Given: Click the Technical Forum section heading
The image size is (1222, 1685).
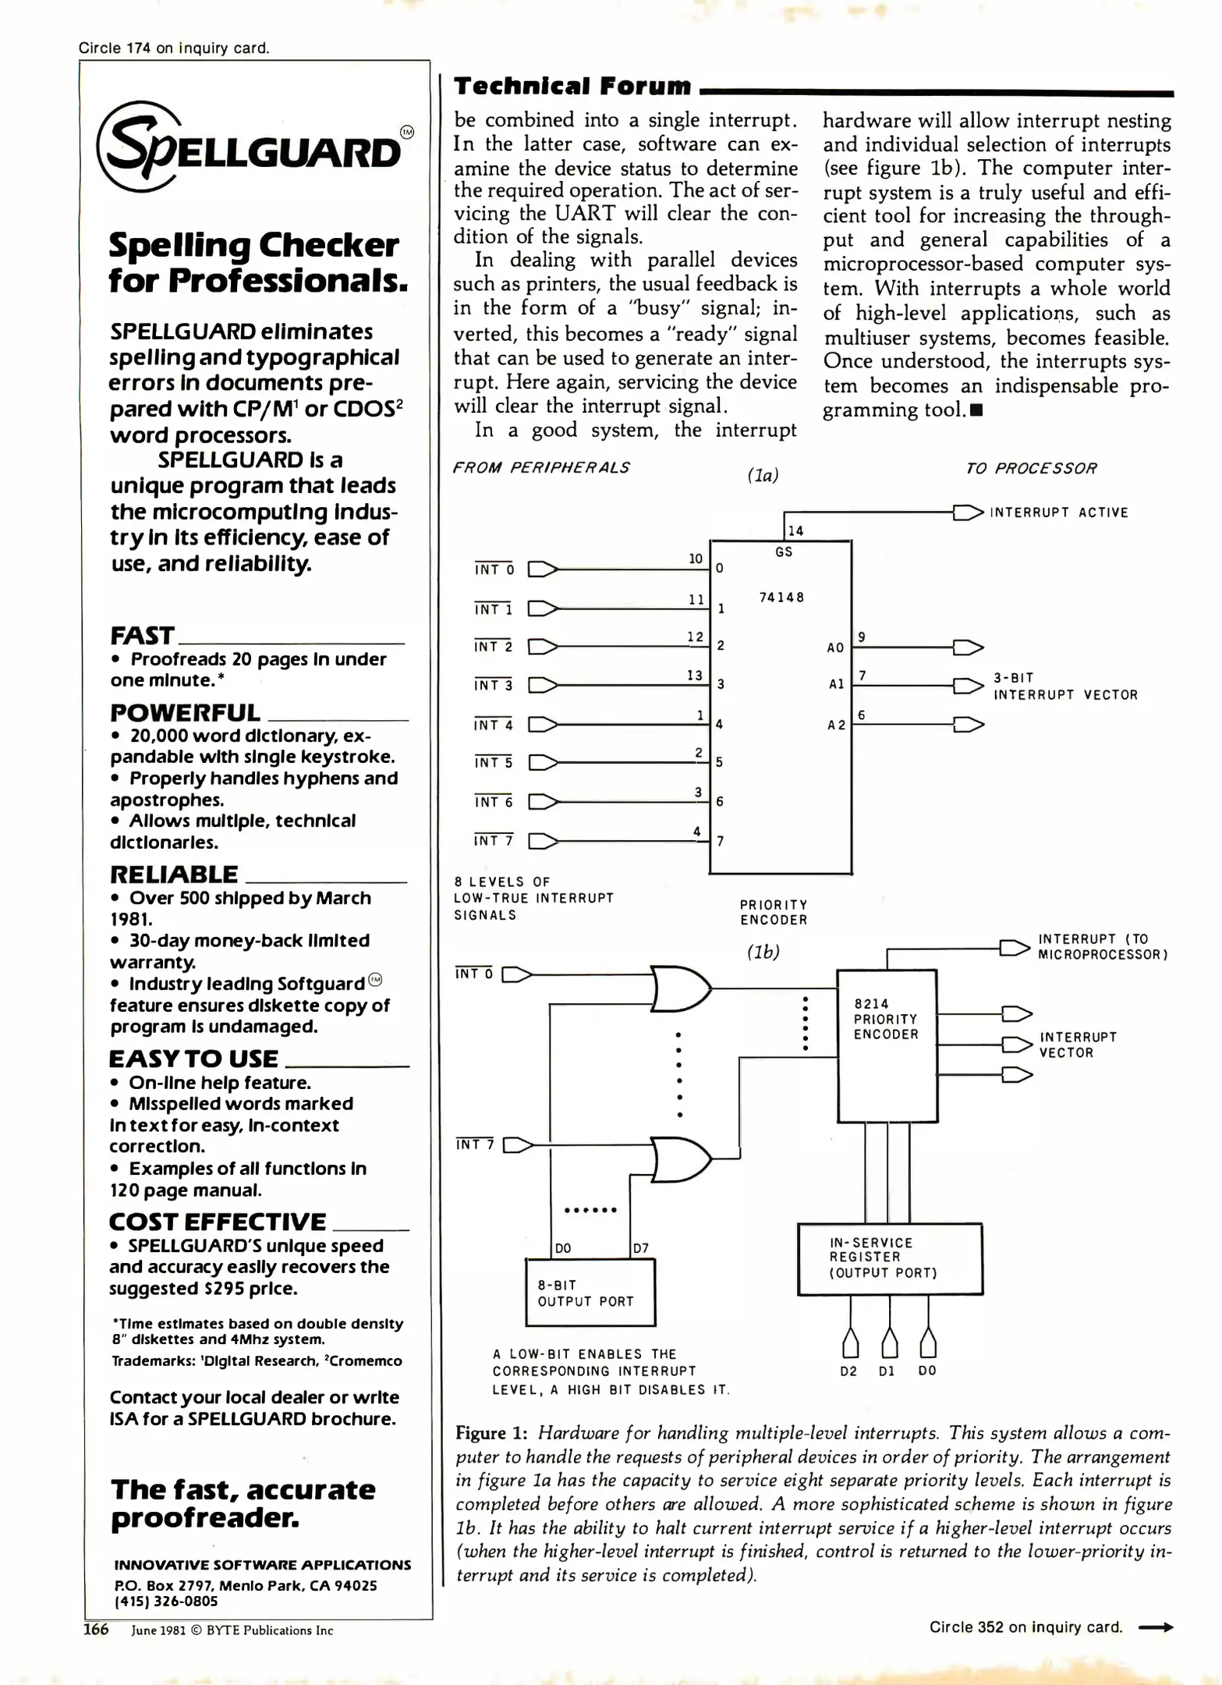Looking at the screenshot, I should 572,86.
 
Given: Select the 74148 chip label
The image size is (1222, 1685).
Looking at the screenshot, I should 781,598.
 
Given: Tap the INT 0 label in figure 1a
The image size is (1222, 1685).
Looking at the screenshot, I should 494,569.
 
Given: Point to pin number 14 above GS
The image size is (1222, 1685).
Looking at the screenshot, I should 795,531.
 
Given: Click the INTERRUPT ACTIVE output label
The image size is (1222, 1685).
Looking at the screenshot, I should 1058,513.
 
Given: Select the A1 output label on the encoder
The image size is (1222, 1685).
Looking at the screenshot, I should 836,684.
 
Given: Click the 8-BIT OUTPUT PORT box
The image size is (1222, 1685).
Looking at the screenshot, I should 590,1293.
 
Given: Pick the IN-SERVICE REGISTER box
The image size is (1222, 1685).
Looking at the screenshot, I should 889,1258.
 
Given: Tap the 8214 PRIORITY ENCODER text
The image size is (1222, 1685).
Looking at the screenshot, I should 886,1019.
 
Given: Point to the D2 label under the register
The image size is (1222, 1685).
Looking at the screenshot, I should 848,1371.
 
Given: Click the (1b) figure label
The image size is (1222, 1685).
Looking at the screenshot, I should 763,952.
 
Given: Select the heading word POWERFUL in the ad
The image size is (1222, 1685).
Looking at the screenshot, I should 185,713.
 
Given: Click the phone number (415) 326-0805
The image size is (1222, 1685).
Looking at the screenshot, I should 166,1602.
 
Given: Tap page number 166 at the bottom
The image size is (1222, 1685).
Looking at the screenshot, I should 96,1630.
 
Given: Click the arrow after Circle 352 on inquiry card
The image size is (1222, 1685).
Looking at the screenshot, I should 1156,1628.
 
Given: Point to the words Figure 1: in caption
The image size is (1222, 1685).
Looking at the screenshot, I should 492,1433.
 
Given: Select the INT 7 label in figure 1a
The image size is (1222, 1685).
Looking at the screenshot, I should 493,841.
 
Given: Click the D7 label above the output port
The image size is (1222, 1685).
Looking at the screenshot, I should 640,1248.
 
